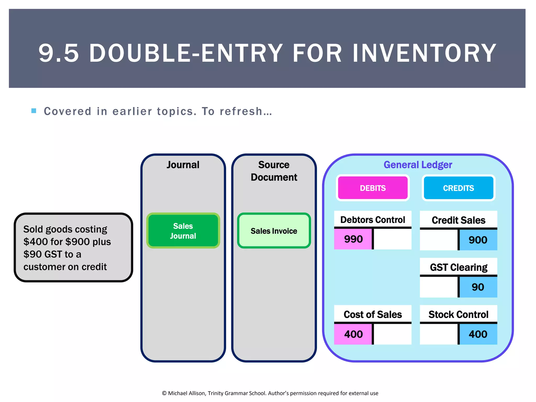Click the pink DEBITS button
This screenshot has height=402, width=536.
click(x=372, y=188)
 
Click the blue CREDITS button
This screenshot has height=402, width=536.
click(x=458, y=188)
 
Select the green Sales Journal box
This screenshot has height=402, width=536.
click(x=183, y=231)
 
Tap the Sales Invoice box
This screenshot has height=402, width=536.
click(x=274, y=231)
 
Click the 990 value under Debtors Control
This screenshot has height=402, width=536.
click(x=353, y=239)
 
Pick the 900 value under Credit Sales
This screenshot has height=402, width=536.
click(x=478, y=240)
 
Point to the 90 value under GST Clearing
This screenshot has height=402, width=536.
click(x=478, y=287)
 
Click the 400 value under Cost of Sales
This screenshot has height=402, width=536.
click(x=353, y=334)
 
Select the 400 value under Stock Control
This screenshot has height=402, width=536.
click(x=478, y=334)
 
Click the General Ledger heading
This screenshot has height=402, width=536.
click(x=418, y=165)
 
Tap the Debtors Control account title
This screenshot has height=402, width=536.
click(x=372, y=220)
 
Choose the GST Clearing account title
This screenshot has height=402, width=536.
click(x=458, y=267)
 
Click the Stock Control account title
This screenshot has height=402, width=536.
click(x=458, y=314)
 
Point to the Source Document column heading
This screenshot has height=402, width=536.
click(x=274, y=171)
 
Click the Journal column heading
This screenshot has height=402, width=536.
click(x=183, y=165)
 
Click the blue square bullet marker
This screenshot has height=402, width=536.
click(x=34, y=111)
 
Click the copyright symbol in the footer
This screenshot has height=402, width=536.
click(x=164, y=393)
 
